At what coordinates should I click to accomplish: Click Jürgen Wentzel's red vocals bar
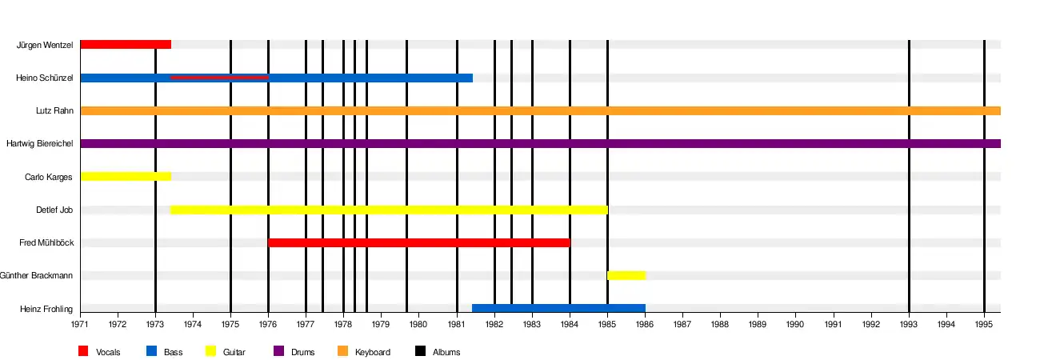(126, 45)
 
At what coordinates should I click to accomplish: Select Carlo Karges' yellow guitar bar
(126, 177)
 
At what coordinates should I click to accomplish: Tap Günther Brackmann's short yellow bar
(626, 275)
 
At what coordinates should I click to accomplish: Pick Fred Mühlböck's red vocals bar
(419, 242)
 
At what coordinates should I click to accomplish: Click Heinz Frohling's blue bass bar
(558, 308)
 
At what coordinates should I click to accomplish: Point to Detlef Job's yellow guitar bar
(389, 210)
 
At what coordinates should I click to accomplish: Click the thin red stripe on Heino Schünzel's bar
(219, 78)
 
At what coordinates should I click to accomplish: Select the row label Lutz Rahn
(54, 110)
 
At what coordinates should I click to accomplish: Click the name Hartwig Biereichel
(40, 143)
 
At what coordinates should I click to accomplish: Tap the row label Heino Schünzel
(45, 78)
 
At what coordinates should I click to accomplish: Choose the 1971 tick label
(80, 324)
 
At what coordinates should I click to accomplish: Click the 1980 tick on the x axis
(418, 324)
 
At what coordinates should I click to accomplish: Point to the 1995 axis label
(984, 324)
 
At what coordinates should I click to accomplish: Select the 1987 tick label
(682, 324)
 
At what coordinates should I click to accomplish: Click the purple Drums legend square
(279, 350)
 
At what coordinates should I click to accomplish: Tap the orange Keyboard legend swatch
(342, 350)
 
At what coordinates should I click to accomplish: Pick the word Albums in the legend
(446, 352)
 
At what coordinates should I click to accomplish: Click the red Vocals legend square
(83, 350)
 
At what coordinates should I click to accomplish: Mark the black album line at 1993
(909, 176)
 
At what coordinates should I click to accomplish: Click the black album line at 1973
(155, 180)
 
